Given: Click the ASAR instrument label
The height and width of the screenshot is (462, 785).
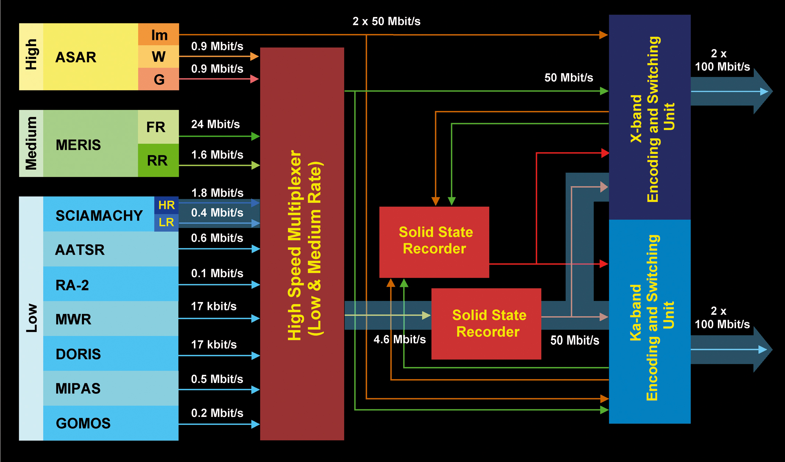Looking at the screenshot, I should [x=76, y=57].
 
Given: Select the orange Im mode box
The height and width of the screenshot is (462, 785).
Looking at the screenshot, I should [x=159, y=35].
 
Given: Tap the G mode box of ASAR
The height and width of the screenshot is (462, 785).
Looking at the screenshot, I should [x=159, y=79].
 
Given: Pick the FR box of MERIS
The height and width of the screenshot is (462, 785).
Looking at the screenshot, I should [x=158, y=127].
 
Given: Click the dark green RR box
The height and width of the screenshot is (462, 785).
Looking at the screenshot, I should [x=158, y=161].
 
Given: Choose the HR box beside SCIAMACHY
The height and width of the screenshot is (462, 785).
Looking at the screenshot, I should [x=166, y=205].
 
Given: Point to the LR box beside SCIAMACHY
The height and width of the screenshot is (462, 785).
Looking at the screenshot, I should [x=166, y=222].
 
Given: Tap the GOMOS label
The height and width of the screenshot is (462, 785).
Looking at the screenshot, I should [x=83, y=423].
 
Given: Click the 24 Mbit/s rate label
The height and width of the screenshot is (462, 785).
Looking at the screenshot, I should [x=215, y=124].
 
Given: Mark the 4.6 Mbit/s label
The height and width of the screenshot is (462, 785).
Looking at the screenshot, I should [x=399, y=339].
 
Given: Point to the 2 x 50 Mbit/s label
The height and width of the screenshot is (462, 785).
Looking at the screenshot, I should [x=386, y=22].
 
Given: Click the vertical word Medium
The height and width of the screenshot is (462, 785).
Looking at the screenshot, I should [x=31, y=143].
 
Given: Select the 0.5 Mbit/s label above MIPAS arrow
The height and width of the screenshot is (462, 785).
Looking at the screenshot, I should [x=217, y=379].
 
